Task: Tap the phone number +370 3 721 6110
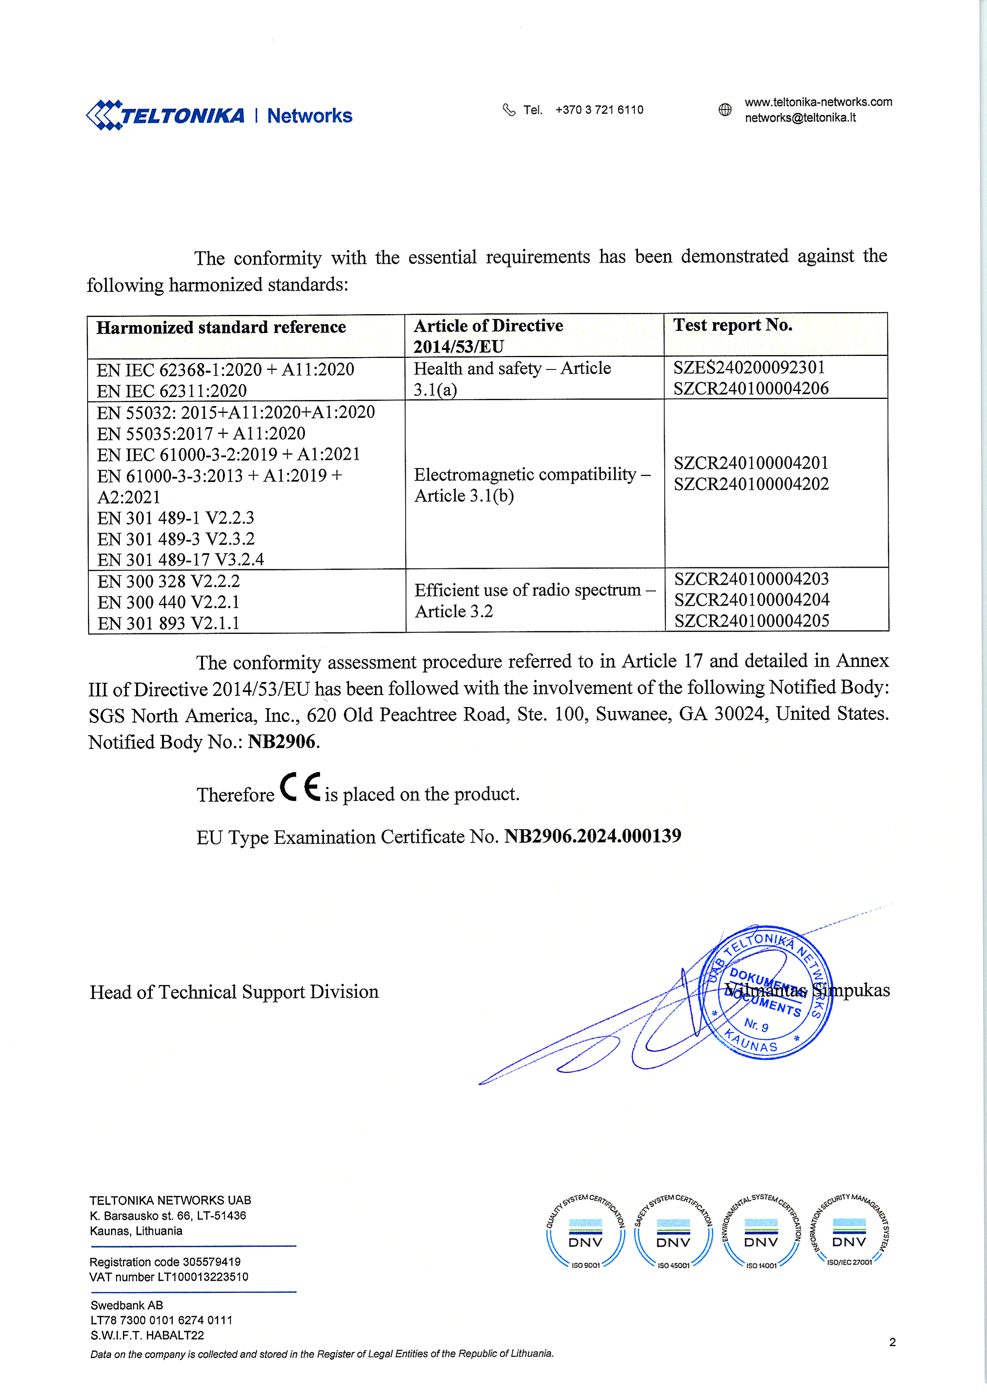pyautogui.click(x=599, y=110)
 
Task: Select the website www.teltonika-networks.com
pyautogui.click(x=818, y=102)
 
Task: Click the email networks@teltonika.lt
pyautogui.click(x=800, y=118)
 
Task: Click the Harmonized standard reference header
pyautogui.click(x=221, y=328)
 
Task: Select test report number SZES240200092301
pyautogui.click(x=749, y=367)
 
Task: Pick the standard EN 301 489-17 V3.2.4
pyautogui.click(x=180, y=560)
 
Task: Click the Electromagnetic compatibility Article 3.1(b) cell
pyautogui.click(x=532, y=484)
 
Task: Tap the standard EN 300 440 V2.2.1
pyautogui.click(x=168, y=602)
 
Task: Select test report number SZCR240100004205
pyautogui.click(x=751, y=620)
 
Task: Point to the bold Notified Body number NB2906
pyautogui.click(x=281, y=741)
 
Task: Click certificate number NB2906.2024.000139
pyautogui.click(x=592, y=836)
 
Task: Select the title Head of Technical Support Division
pyautogui.click(x=234, y=992)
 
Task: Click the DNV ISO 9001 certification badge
pyautogui.click(x=585, y=1233)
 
